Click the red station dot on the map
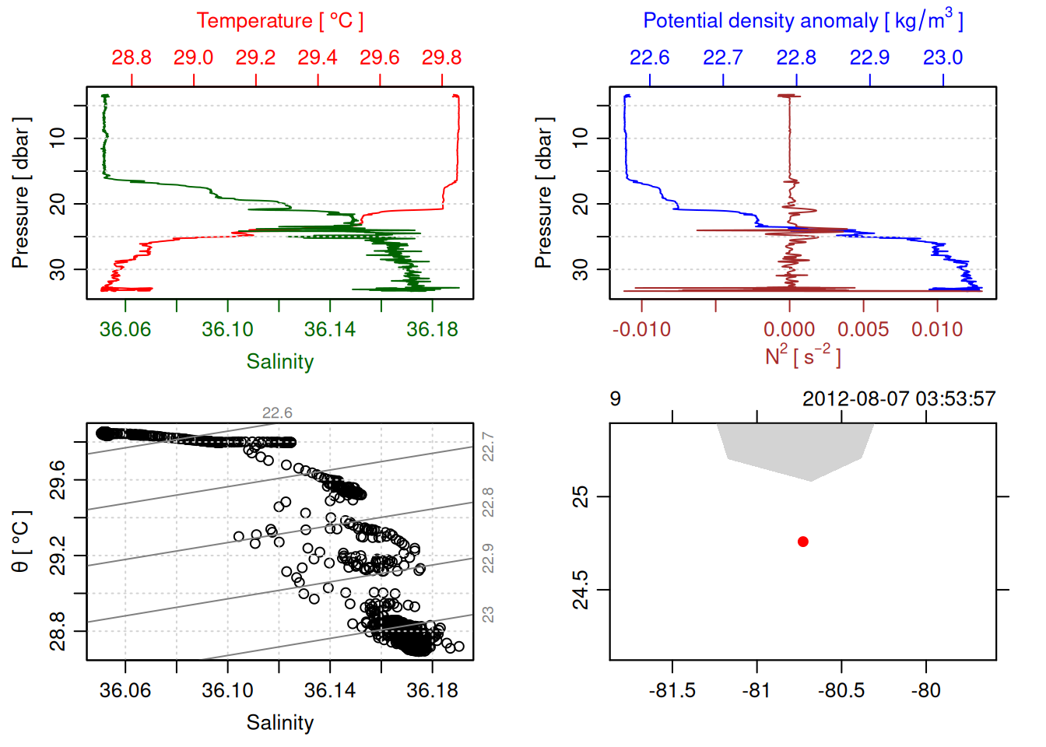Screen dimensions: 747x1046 click(x=803, y=542)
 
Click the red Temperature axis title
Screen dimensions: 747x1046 click(x=279, y=21)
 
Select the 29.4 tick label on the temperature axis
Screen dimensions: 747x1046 click(x=318, y=58)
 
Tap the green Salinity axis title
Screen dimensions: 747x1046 click(x=279, y=362)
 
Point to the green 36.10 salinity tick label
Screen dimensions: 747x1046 click(x=227, y=330)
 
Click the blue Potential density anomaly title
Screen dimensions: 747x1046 click(x=802, y=21)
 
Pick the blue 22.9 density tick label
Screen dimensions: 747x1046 click(x=869, y=58)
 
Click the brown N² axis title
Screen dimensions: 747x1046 click(x=802, y=356)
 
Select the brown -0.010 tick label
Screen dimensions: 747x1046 click(x=641, y=330)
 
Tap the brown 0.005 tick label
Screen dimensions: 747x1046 click(x=863, y=330)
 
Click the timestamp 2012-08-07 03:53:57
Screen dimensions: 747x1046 click(x=899, y=399)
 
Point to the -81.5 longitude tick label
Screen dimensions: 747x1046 click(x=672, y=691)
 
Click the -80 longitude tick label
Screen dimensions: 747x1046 click(x=925, y=691)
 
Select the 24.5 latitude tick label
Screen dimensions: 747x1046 click(x=581, y=590)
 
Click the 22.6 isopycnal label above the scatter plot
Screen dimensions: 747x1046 click(x=277, y=413)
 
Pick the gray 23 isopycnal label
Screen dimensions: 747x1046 click(x=488, y=615)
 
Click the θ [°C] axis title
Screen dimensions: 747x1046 click(x=21, y=542)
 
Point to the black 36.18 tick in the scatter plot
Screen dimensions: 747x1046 click(x=432, y=691)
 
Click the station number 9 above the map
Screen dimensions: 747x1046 click(x=615, y=399)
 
